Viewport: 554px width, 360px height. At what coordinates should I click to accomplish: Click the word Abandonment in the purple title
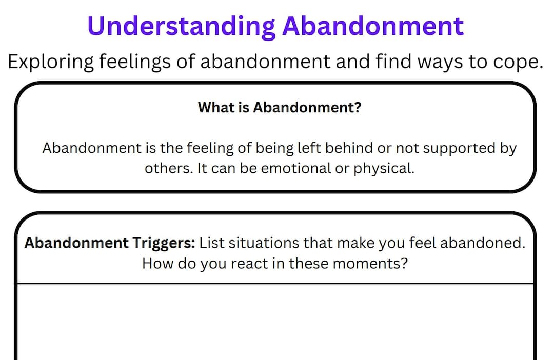tap(373, 26)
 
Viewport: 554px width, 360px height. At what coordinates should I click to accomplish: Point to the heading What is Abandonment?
tap(279, 108)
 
